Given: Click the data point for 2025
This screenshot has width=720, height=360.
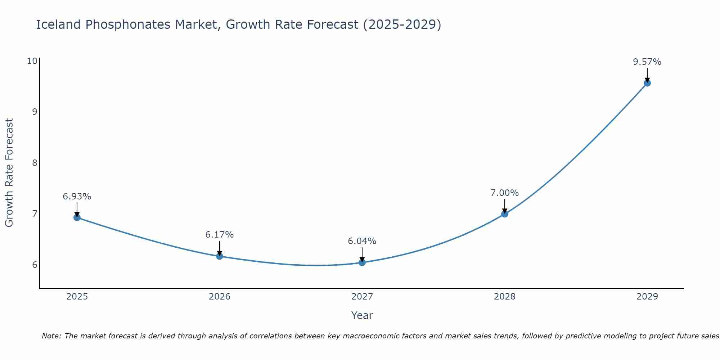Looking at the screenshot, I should (x=77, y=217).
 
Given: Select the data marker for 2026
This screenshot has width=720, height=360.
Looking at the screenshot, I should (x=220, y=256).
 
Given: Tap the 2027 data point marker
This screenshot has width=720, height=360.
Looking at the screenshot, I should (x=362, y=262).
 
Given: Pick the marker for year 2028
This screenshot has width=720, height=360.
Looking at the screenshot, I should (x=505, y=214).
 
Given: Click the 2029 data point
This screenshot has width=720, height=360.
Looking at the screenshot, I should (x=647, y=83).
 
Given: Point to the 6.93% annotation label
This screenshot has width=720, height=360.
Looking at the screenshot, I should (x=77, y=197).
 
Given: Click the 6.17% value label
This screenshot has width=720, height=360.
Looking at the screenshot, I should (x=220, y=235).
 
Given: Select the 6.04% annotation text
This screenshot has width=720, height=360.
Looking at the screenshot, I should (x=362, y=241).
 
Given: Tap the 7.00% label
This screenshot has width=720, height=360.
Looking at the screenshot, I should (x=505, y=193).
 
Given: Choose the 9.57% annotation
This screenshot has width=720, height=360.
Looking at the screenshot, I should (x=647, y=62).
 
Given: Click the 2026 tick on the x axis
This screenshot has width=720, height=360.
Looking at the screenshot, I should (x=220, y=297).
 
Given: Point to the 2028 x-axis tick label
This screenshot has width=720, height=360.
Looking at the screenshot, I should (x=505, y=297).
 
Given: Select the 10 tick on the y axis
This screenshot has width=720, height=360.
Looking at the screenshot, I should (x=32, y=61).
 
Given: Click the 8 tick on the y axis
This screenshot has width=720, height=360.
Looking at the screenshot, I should (x=35, y=163).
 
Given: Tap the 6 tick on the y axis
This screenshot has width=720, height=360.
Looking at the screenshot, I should (x=35, y=265).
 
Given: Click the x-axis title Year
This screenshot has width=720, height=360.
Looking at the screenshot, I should (x=362, y=315).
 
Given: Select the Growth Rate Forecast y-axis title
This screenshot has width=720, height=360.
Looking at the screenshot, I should (x=9, y=173).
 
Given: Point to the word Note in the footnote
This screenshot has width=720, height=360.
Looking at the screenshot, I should (x=51, y=336).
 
